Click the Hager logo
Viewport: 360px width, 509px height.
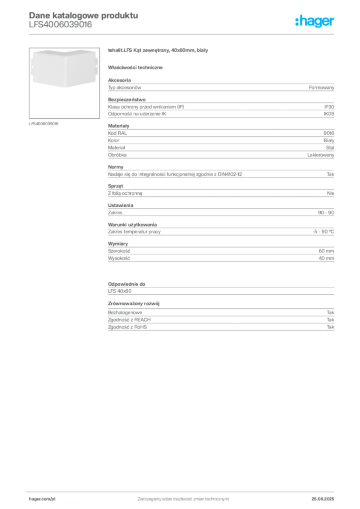[x=315, y=21]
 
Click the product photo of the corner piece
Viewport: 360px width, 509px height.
[x=64, y=69]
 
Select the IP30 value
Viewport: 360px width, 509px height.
[x=329, y=107]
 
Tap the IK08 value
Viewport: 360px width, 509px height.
[x=329, y=114]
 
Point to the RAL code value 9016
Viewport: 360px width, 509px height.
[x=329, y=133]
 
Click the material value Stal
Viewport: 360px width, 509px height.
[x=330, y=148]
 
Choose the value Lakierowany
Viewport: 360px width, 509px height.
[x=321, y=155]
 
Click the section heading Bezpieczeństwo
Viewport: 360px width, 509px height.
[x=127, y=99]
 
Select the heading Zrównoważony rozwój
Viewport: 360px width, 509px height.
[x=134, y=304]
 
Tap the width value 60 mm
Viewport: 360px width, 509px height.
[x=326, y=251]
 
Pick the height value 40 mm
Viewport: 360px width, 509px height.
[x=326, y=258]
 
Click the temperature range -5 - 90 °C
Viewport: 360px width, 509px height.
[x=323, y=232]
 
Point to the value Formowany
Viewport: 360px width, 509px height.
[x=322, y=87]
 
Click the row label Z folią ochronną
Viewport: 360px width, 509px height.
[x=125, y=193]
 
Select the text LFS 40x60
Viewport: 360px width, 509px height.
[x=120, y=291]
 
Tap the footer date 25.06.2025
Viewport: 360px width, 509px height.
[x=323, y=499]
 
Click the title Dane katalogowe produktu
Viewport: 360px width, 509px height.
[x=84, y=15]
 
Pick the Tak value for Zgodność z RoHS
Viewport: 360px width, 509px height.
[x=331, y=327]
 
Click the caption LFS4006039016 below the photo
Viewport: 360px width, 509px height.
[x=43, y=124]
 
